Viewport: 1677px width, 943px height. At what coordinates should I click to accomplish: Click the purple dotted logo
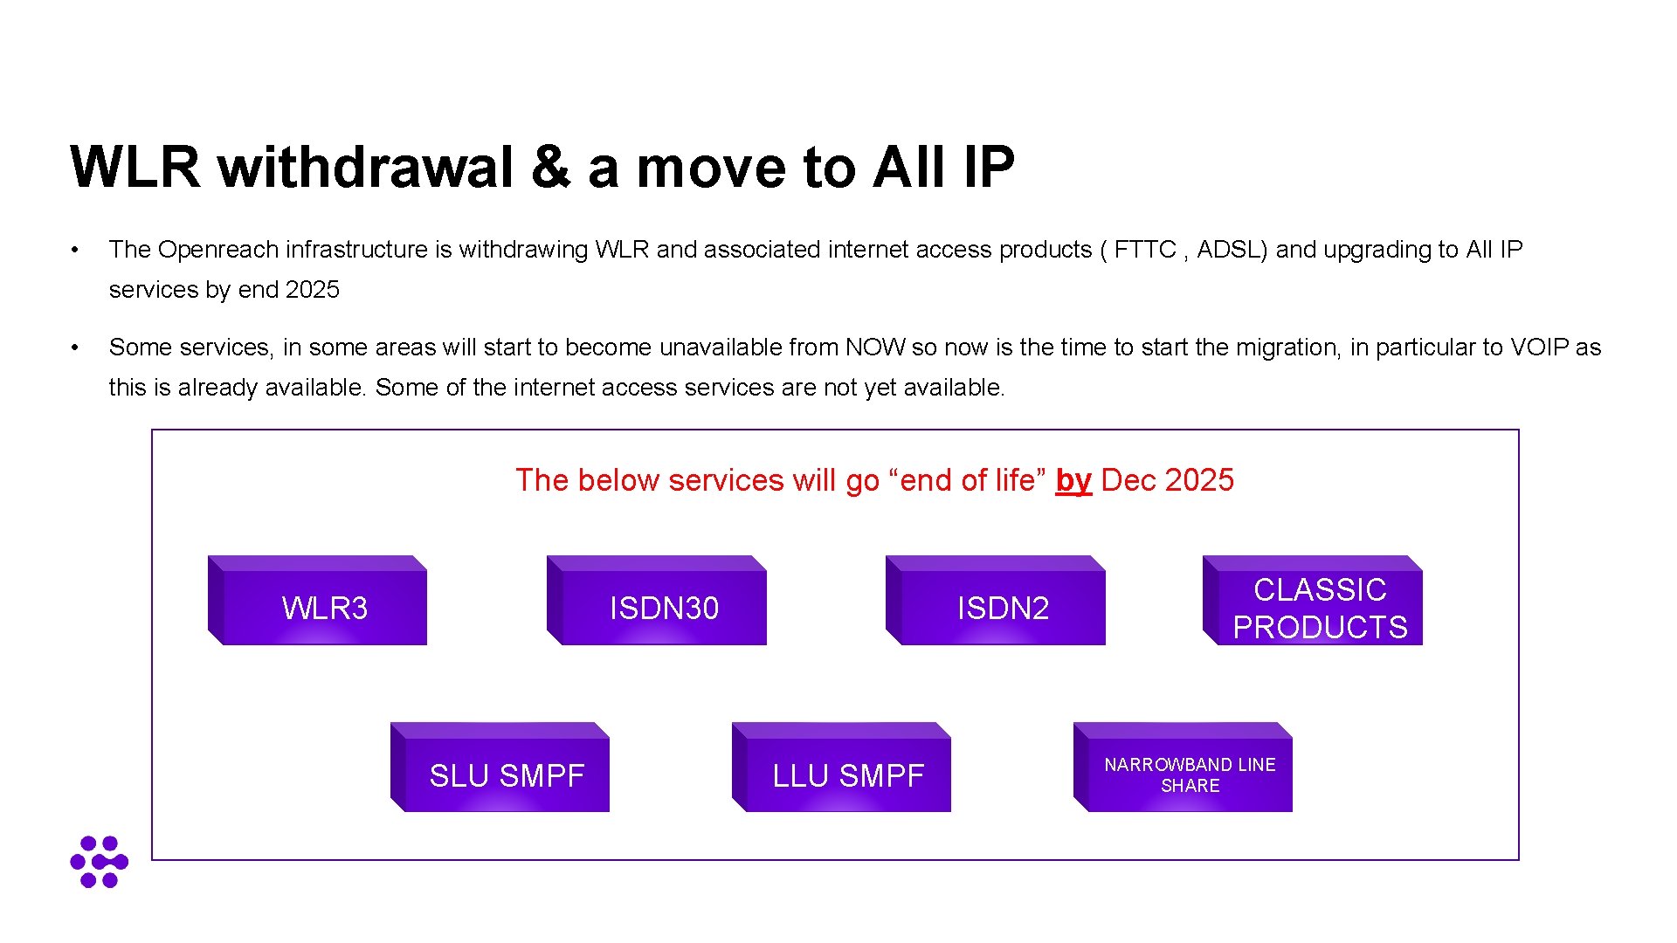pyautogui.click(x=99, y=862)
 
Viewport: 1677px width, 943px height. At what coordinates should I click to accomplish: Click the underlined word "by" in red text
pyautogui.click(x=1073, y=480)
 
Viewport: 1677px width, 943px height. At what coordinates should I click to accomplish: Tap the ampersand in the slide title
pyautogui.click(x=550, y=167)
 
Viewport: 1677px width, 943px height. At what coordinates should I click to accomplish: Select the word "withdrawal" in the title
pyautogui.click(x=366, y=167)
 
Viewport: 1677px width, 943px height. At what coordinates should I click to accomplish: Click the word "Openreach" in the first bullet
pyautogui.click(x=218, y=250)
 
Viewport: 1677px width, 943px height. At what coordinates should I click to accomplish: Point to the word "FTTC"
pyautogui.click(x=1144, y=250)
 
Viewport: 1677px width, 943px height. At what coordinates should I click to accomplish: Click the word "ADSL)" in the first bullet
pyautogui.click(x=1232, y=250)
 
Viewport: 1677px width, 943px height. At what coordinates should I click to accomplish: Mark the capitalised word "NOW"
pyautogui.click(x=875, y=348)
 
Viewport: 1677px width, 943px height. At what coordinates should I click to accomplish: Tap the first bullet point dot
pyautogui.click(x=76, y=251)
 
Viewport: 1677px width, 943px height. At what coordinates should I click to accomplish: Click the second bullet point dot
pyautogui.click(x=76, y=348)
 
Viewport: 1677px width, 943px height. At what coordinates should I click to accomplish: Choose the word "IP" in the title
pyautogui.click(x=989, y=167)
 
